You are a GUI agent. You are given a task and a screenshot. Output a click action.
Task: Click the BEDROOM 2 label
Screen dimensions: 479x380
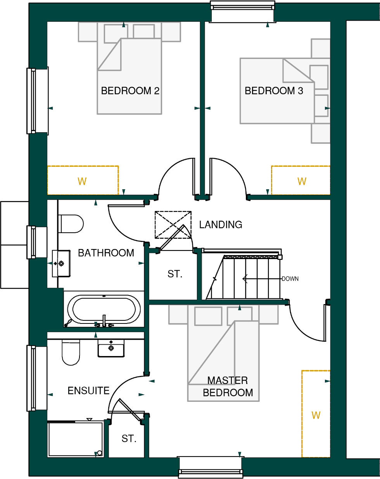pyautogui.click(x=130, y=91)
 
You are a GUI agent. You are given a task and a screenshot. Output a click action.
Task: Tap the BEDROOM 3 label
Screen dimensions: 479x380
pyautogui.click(x=274, y=91)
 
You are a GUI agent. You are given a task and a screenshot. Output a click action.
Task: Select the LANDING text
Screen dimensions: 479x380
pyautogui.click(x=221, y=225)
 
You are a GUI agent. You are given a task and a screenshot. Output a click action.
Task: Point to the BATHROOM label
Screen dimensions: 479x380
pyautogui.click(x=106, y=253)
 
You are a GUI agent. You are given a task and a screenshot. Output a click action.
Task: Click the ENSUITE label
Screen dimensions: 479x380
pyautogui.click(x=88, y=391)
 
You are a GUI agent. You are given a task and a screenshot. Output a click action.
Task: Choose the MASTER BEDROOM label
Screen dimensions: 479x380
pyautogui.click(x=228, y=386)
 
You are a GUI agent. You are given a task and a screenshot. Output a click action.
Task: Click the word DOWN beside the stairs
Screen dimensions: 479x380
pyautogui.click(x=290, y=279)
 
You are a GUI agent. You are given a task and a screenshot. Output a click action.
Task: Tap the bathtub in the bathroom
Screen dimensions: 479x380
pyautogui.click(x=104, y=310)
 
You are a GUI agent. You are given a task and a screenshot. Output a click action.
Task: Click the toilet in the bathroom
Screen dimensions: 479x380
pyautogui.click(x=71, y=224)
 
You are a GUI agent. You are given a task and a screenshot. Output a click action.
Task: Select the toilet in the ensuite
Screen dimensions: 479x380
pyautogui.click(x=71, y=352)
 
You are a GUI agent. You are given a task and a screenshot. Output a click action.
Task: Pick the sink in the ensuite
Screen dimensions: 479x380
pyautogui.click(x=111, y=348)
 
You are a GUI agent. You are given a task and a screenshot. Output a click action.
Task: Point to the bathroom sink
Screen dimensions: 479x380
pyautogui.click(x=61, y=264)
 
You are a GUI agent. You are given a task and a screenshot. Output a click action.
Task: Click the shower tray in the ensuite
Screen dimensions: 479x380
pyautogui.click(x=75, y=439)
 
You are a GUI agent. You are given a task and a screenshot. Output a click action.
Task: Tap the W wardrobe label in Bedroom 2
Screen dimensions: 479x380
pyautogui.click(x=82, y=182)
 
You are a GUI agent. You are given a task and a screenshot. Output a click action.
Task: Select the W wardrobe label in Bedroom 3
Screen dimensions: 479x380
pyautogui.click(x=302, y=182)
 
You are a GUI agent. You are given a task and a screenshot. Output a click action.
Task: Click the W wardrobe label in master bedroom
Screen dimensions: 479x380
pyautogui.click(x=316, y=415)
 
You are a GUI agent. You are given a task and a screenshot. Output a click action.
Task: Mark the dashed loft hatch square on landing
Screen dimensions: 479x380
pyautogui.click(x=173, y=225)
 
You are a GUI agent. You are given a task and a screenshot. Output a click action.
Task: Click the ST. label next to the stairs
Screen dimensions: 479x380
pyautogui.click(x=175, y=274)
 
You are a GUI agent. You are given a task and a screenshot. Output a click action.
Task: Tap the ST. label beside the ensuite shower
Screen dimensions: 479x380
pyautogui.click(x=129, y=439)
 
